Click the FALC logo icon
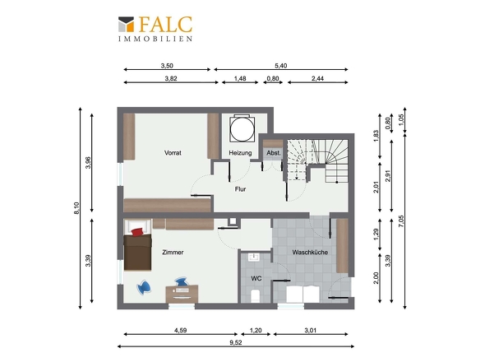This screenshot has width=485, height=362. pyautogui.click(x=126, y=25)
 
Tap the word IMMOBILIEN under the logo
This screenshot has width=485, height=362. pyautogui.click(x=155, y=39)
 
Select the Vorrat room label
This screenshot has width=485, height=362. pyautogui.click(x=173, y=153)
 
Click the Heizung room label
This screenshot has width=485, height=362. pyautogui.click(x=240, y=153)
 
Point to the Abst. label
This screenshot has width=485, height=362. pyautogui.click(x=274, y=153)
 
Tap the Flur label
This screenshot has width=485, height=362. pyautogui.click(x=240, y=189)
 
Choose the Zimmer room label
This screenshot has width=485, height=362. pyautogui.click(x=173, y=253)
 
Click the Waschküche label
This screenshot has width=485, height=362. pyautogui.click(x=310, y=253)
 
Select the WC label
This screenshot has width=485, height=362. pyautogui.click(x=256, y=279)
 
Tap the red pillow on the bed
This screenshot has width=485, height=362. pyautogui.click(x=137, y=232)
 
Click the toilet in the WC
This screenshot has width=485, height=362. pyautogui.click(x=255, y=296)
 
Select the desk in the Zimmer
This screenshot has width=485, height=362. pyautogui.click(x=182, y=294)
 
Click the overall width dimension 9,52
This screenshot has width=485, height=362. pyautogui.click(x=236, y=342)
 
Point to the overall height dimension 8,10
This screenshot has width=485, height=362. pyautogui.click(x=76, y=208)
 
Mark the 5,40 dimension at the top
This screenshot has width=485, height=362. pyautogui.click(x=281, y=66)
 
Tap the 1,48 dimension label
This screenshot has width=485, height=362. pyautogui.click(x=240, y=78)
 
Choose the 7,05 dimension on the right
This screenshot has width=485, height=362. pyautogui.click(x=401, y=221)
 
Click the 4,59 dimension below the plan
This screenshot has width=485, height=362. pyautogui.click(x=180, y=331)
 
